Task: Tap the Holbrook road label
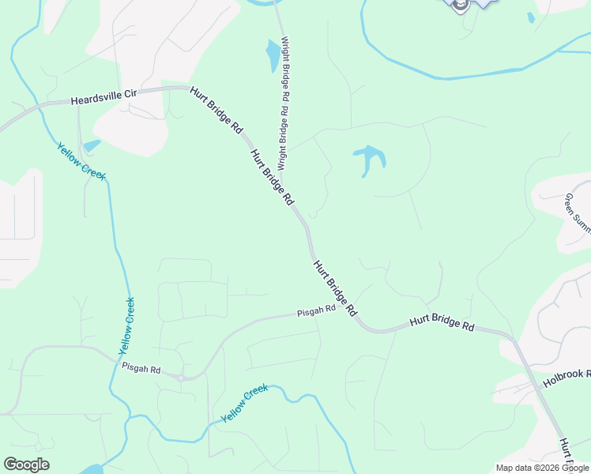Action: click(x=566, y=372)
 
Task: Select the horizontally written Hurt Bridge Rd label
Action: click(x=442, y=325)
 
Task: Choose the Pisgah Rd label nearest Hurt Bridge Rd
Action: click(x=316, y=310)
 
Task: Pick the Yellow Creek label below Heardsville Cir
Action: click(x=81, y=160)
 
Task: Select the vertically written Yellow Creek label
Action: click(x=126, y=325)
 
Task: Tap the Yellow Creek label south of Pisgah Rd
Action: click(x=245, y=403)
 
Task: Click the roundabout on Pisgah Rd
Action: click(x=181, y=378)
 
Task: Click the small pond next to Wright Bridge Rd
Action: click(x=273, y=55)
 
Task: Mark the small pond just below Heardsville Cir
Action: click(x=92, y=145)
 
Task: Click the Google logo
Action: click(x=26, y=465)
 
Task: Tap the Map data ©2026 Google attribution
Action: click(x=543, y=468)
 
